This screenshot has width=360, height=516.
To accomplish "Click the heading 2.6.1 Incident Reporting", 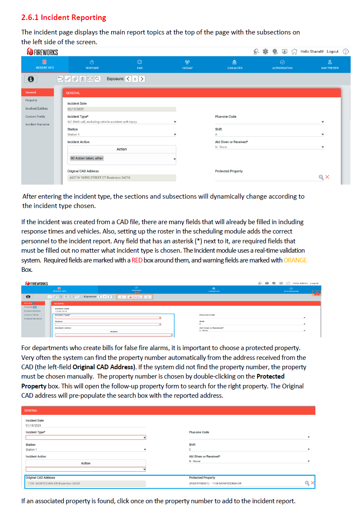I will [64, 17].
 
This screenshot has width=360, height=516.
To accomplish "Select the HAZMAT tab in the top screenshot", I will [187, 64].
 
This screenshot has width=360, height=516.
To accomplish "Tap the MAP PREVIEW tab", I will [330, 64].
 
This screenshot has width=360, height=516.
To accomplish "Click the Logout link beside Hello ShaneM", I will [332, 51].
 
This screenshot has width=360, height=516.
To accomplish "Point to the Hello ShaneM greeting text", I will [312, 51].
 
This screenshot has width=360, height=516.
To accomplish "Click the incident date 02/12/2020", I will [76, 109].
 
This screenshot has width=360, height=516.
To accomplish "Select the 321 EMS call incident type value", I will [102, 122].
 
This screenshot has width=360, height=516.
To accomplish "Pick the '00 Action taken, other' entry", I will [87, 158].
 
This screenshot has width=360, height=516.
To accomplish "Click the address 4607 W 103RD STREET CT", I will [99, 177].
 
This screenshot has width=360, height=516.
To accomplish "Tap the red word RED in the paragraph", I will [136, 260].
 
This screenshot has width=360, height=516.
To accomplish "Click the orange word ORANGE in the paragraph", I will [295, 260].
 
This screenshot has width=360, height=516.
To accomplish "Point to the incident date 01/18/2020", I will [33, 425].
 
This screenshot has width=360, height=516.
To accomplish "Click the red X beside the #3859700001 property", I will [313, 483].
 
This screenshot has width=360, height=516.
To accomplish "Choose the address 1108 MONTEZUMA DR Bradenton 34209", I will [54, 483].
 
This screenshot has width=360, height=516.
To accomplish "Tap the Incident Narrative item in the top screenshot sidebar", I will [37, 125].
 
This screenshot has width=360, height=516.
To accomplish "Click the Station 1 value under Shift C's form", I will [31, 449].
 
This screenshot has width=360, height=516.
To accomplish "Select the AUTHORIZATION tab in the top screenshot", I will [282, 64].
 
